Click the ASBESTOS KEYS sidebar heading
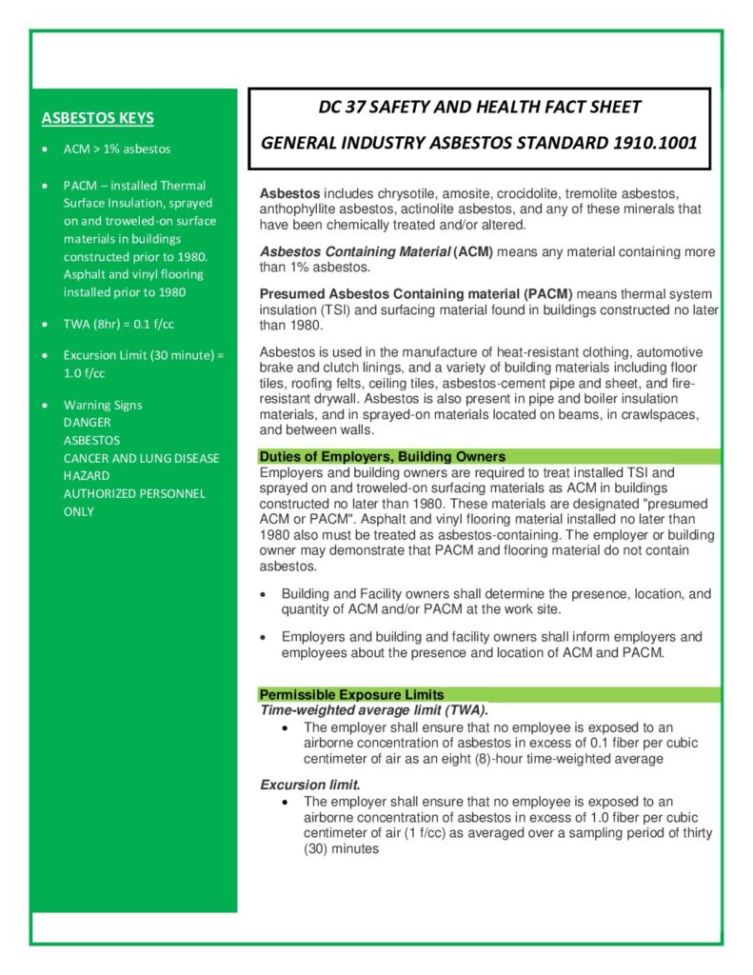(98, 118)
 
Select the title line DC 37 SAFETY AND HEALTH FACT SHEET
(479, 107)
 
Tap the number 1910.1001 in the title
(652, 144)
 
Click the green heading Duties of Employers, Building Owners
(382, 457)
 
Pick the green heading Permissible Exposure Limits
(351, 695)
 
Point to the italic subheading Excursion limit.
(310, 786)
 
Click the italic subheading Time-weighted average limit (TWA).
(374, 710)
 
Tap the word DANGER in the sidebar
(87, 422)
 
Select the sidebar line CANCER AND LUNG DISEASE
(141, 458)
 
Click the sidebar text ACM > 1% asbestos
(117, 149)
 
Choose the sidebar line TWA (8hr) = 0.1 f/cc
(119, 325)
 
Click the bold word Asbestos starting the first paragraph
(289, 193)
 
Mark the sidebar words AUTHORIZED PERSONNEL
(134, 493)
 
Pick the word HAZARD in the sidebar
(87, 475)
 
